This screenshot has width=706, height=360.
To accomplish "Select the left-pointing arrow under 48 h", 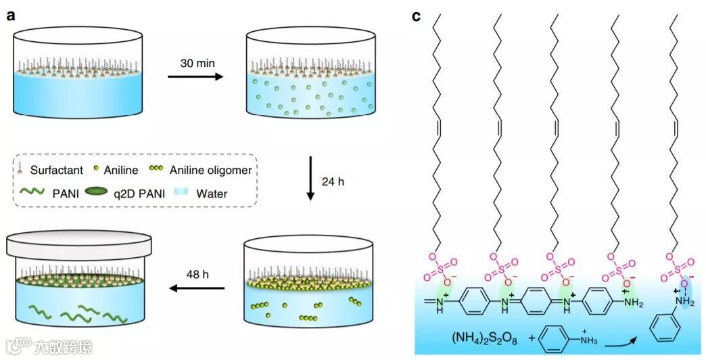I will pos(196,288).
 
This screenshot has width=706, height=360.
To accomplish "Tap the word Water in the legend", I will pos(212,194).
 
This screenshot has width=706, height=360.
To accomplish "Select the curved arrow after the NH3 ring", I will pos(615,340).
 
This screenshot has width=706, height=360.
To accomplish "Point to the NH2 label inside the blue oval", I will pos(686,298).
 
